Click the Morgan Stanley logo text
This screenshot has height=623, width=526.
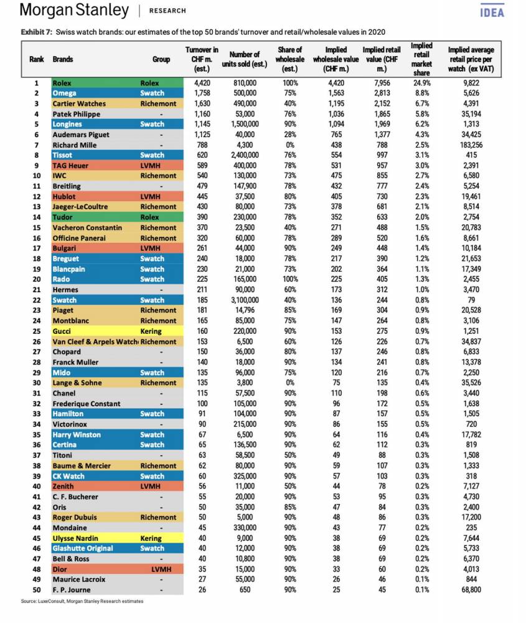tap(74, 11)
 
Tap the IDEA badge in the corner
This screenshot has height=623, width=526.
tap(492, 11)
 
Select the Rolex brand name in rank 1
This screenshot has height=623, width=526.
tap(62, 83)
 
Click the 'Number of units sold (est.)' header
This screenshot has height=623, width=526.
tap(244, 59)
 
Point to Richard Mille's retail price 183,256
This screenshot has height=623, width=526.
tap(471, 145)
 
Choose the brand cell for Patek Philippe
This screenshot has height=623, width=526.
tap(76, 114)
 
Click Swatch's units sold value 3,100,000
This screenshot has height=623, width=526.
tap(244, 300)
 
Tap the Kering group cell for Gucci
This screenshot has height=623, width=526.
tap(151, 331)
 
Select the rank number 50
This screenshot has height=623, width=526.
tap(36, 589)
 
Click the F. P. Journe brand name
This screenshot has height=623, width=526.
tap(71, 589)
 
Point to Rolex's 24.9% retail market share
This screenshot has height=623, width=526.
tap(421, 83)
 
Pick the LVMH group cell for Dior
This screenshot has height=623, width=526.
tap(161, 569)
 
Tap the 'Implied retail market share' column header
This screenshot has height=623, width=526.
tap(421, 59)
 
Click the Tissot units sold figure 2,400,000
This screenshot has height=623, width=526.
tap(244, 155)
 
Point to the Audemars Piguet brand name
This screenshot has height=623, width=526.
tap(80, 135)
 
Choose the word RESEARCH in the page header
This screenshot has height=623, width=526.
tap(167, 11)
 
